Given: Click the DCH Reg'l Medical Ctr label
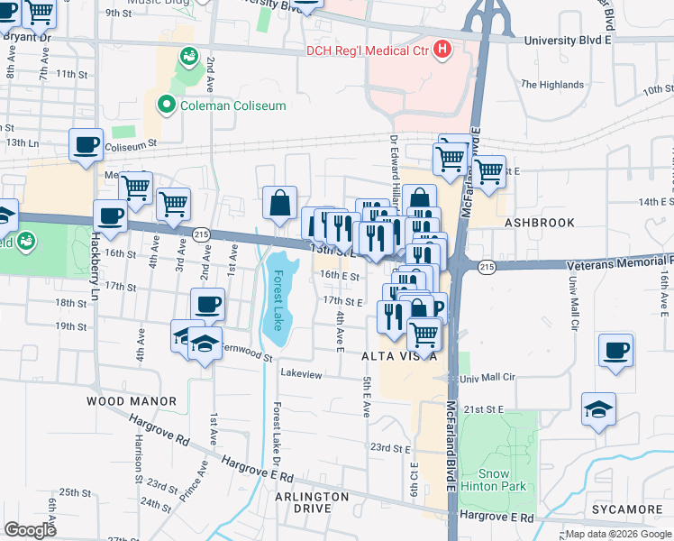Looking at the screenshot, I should [x=369, y=50].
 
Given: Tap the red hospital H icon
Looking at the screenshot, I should [x=442, y=50].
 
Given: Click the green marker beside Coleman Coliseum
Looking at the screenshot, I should [x=166, y=105].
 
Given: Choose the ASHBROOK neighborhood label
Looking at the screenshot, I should [x=539, y=221].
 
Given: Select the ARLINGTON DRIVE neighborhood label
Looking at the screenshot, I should [x=312, y=502].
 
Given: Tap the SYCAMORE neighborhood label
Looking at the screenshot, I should [x=628, y=509].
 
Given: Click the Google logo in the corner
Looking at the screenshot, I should [x=30, y=529].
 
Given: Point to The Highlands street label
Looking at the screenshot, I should [x=551, y=85].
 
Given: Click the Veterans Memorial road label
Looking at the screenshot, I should [x=619, y=264].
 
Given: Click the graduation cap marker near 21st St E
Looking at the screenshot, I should [x=599, y=408].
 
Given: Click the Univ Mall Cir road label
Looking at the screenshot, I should [x=488, y=378].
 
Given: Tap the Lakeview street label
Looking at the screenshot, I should [x=301, y=373].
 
